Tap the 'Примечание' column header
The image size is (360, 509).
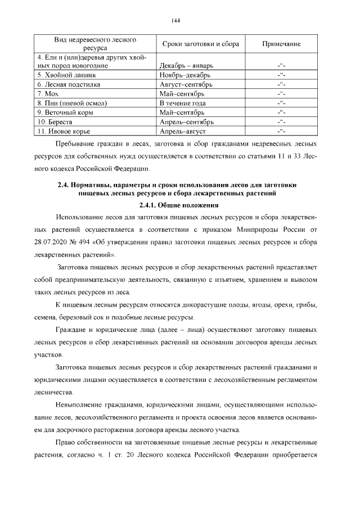click(x=281, y=44)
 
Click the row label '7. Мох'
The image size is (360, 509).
click(x=48, y=93)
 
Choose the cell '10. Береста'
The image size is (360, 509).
click(x=57, y=122)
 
